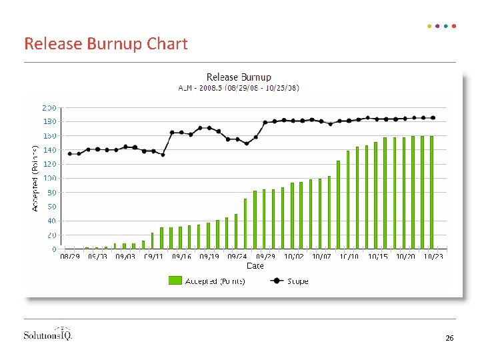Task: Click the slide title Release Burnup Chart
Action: coord(106,44)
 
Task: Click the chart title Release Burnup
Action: coord(239,77)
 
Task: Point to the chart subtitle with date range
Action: coord(239,87)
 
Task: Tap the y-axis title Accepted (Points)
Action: coord(35,175)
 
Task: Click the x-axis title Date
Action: coord(255,265)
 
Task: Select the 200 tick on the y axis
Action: coord(49,107)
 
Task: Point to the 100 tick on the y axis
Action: coord(49,179)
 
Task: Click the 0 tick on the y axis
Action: coord(54,249)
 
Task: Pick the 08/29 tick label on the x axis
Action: coord(70,256)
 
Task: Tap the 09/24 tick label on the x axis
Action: coord(237,256)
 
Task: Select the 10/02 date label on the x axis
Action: coord(293,256)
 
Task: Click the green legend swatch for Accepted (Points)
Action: coord(175,281)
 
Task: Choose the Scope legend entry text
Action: coord(298,281)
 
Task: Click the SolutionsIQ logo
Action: coord(48,334)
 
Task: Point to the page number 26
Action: coord(449,339)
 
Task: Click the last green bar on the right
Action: coord(432,193)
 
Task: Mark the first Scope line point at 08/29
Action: coord(70,154)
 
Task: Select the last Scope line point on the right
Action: coord(433,118)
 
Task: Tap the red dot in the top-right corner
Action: coord(454,27)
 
